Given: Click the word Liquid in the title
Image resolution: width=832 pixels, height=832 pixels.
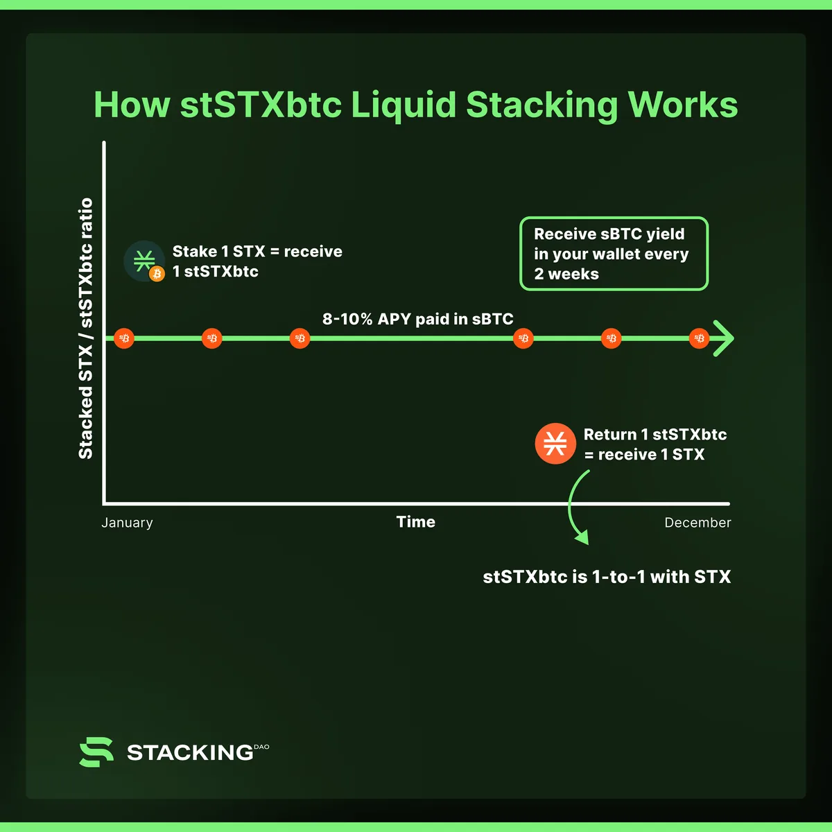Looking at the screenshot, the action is (x=404, y=105).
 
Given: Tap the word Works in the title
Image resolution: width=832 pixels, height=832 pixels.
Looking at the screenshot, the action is (x=683, y=105).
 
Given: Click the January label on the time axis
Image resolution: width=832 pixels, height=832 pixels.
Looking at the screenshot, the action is (x=127, y=523).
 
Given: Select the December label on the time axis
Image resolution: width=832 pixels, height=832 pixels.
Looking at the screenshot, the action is (x=697, y=523).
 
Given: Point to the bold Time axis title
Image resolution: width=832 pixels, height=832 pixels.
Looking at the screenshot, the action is (x=416, y=521).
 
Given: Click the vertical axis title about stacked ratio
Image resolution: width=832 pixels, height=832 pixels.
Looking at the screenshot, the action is (x=85, y=328).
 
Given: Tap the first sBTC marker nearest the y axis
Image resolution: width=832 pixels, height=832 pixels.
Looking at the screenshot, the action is (x=124, y=338).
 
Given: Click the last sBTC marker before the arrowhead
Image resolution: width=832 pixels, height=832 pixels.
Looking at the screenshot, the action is (x=699, y=338).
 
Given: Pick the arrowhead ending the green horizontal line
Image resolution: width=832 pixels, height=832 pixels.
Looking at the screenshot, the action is (x=723, y=338).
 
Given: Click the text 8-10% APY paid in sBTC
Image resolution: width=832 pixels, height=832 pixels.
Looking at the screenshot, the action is (x=417, y=319).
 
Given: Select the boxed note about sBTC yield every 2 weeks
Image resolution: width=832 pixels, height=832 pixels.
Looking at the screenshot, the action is (x=614, y=254).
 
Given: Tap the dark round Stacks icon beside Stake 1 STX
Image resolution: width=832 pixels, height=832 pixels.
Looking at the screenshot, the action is (x=144, y=261).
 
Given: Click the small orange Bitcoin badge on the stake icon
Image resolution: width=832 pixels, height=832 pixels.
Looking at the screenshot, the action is (x=157, y=274).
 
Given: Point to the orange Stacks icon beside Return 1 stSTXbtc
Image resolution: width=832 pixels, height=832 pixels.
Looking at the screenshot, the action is (x=555, y=444).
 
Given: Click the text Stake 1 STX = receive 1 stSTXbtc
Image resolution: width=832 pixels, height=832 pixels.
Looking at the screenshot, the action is (x=257, y=261).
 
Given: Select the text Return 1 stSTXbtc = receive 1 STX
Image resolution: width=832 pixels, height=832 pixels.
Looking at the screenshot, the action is (x=655, y=444).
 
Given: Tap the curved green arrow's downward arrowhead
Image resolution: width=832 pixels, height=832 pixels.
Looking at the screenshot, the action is (x=582, y=537).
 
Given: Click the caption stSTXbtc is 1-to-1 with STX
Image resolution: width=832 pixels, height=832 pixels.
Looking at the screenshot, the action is (x=607, y=577).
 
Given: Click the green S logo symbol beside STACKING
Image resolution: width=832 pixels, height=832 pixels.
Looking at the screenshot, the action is (x=96, y=752).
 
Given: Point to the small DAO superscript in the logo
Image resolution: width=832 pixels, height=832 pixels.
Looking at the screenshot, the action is (x=261, y=747).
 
